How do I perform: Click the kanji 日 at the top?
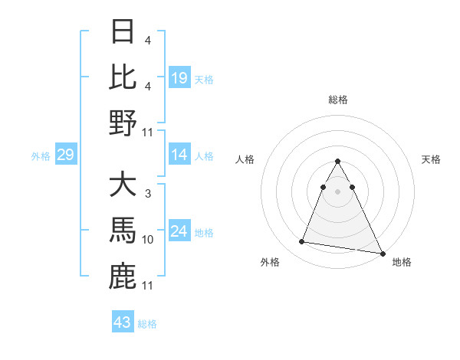(123, 33)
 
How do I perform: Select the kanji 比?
(123, 77)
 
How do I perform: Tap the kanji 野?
(123, 123)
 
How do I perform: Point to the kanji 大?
(123, 186)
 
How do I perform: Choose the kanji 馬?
(123, 231)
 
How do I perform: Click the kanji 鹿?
(123, 277)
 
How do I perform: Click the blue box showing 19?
(179, 78)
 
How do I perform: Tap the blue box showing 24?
(179, 232)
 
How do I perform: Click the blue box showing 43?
(122, 322)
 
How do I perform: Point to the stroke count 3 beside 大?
(147, 195)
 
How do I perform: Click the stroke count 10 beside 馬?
(148, 240)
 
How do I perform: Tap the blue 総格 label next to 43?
(147, 324)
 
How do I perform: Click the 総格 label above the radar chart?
(337, 100)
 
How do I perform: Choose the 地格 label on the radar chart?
(402, 262)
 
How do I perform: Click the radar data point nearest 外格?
(302, 242)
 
